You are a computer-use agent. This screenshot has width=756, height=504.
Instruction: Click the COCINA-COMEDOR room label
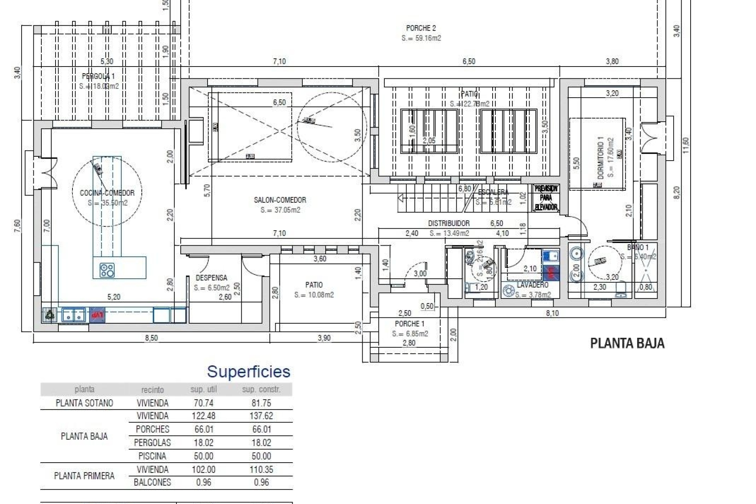point(107,193)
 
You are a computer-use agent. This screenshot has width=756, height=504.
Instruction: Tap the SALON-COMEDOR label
point(280,200)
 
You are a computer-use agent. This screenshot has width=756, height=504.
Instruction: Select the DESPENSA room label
point(211,278)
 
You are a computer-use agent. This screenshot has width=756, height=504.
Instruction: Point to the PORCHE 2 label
point(421,28)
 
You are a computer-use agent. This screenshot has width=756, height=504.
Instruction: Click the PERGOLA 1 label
point(98,76)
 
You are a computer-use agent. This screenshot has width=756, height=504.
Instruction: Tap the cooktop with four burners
point(107,270)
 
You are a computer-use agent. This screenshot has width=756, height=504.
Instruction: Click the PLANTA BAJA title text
point(627,343)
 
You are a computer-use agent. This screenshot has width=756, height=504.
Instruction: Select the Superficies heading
point(248,372)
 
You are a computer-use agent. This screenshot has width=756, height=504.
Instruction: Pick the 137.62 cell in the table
point(261,416)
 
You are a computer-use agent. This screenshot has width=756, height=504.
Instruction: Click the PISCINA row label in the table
point(152,456)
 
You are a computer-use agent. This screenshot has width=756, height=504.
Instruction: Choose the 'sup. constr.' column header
point(261,390)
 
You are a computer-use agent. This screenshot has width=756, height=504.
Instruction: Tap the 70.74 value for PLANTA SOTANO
point(204,403)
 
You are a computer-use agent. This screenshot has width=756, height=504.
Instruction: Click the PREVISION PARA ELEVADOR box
point(546,198)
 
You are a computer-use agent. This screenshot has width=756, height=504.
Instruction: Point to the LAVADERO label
point(532,285)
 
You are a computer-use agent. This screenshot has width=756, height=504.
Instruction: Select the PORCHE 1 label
point(409,324)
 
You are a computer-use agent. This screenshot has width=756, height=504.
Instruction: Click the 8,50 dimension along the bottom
point(152,338)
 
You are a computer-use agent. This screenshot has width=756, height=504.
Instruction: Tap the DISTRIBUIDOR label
point(449,223)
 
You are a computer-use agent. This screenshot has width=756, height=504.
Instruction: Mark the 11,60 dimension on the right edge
point(686,146)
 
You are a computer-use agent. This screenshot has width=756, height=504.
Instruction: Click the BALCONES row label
point(152,483)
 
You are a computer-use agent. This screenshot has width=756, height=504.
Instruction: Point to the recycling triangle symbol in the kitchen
point(50,315)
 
